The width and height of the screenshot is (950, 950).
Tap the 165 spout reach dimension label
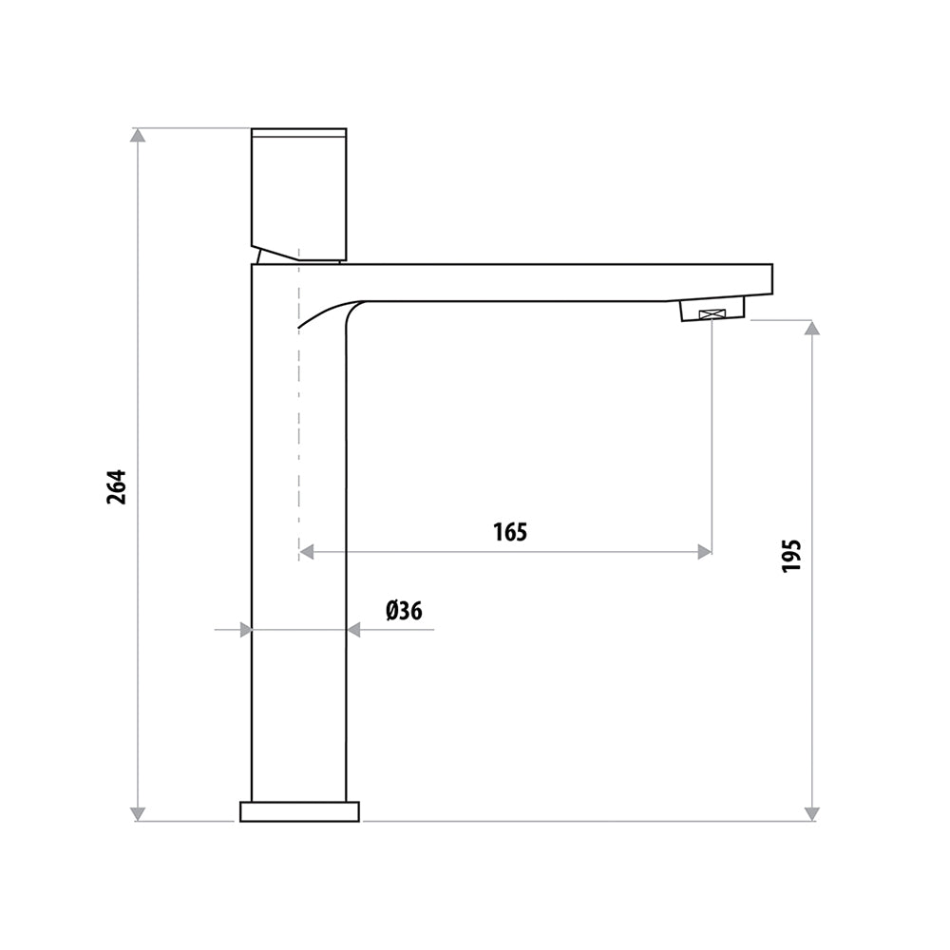510,532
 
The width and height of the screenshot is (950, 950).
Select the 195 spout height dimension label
791,555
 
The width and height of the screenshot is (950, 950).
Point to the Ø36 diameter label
404,611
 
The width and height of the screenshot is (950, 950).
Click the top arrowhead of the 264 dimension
138,136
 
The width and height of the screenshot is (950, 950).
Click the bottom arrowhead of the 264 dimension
138,813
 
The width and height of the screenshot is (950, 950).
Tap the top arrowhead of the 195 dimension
811,328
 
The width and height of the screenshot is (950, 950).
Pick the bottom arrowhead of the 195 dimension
811,813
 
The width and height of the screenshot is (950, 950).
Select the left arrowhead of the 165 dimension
307,552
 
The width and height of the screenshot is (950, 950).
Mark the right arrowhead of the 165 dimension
704,552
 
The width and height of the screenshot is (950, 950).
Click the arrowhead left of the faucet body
244,630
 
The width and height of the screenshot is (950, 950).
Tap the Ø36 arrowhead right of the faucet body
354,630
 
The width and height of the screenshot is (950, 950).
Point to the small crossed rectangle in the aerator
712,314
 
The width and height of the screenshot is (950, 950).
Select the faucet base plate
299,811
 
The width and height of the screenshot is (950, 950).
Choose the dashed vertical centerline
299,427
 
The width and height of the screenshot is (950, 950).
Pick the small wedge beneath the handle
275,256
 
